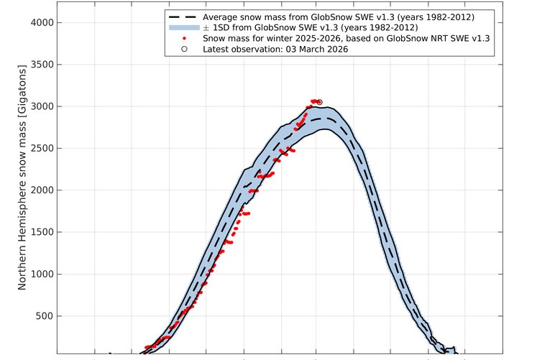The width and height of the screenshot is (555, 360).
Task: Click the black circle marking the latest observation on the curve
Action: click(x=319, y=102)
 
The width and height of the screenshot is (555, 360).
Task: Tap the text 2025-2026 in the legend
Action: click(x=328, y=38)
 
